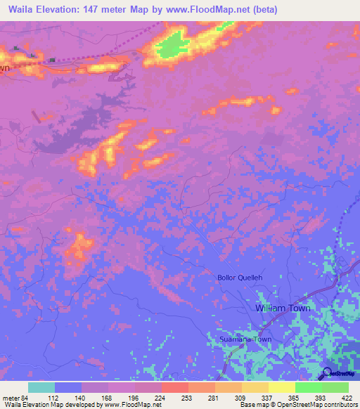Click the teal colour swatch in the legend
[41, 387]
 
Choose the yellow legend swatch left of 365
[255, 387]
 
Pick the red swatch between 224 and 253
[174, 387]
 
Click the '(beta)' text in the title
[264, 9]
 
